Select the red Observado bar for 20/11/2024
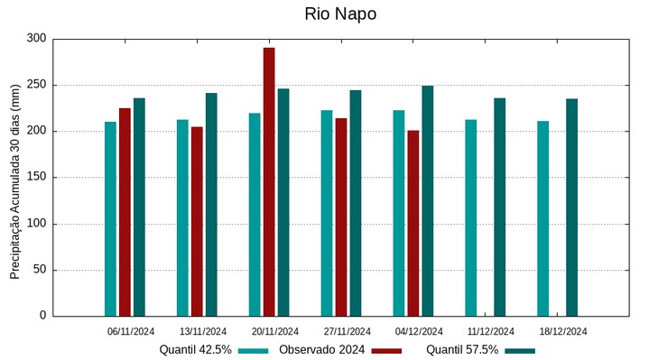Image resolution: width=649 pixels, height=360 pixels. pyautogui.click(x=269, y=181)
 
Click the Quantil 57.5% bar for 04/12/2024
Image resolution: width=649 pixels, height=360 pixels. pyautogui.click(x=427, y=200)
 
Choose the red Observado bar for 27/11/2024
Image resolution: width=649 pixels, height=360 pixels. pyautogui.click(x=341, y=217)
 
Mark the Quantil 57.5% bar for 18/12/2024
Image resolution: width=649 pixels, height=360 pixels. pyautogui.click(x=571, y=207)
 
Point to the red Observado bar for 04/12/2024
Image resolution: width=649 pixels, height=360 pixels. pyautogui.click(x=413, y=223)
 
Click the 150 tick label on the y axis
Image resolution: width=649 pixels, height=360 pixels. pyautogui.click(x=36, y=178)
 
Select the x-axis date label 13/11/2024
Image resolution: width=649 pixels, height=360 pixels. pyautogui.click(x=203, y=331)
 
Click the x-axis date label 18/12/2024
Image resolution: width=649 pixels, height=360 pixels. pyautogui.click(x=563, y=331)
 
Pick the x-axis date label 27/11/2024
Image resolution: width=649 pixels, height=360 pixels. pyautogui.click(x=347, y=331)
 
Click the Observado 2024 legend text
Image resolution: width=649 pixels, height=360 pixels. pyautogui.click(x=321, y=350)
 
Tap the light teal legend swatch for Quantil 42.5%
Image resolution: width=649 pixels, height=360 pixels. pyautogui.click(x=255, y=350)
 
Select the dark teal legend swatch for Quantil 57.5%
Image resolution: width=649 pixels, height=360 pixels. pyautogui.click(x=520, y=350)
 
